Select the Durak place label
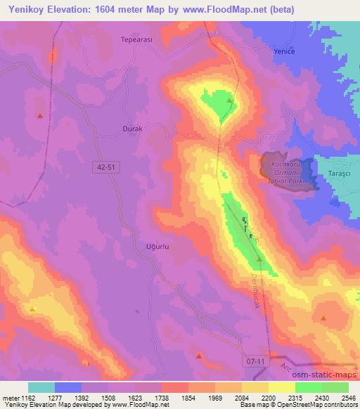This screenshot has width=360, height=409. click(x=132, y=129)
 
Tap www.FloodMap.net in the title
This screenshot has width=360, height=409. click(x=225, y=9)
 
